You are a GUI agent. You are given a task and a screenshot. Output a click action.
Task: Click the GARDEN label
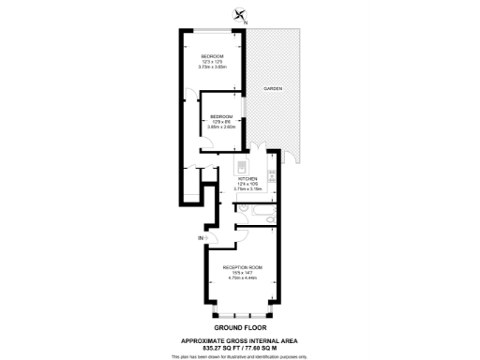coord(273,88)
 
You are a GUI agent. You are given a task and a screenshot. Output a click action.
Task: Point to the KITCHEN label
coord(247,177)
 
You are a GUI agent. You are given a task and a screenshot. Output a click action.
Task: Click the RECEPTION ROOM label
coord(242,267)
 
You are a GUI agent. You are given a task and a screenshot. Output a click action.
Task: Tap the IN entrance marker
coord(201,239)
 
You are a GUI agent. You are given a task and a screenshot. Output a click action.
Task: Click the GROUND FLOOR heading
coord(240,327)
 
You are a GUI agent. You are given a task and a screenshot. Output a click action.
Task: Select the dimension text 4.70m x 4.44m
coord(242,278)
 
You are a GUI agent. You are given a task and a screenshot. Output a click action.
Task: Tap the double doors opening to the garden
coord(256,150)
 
